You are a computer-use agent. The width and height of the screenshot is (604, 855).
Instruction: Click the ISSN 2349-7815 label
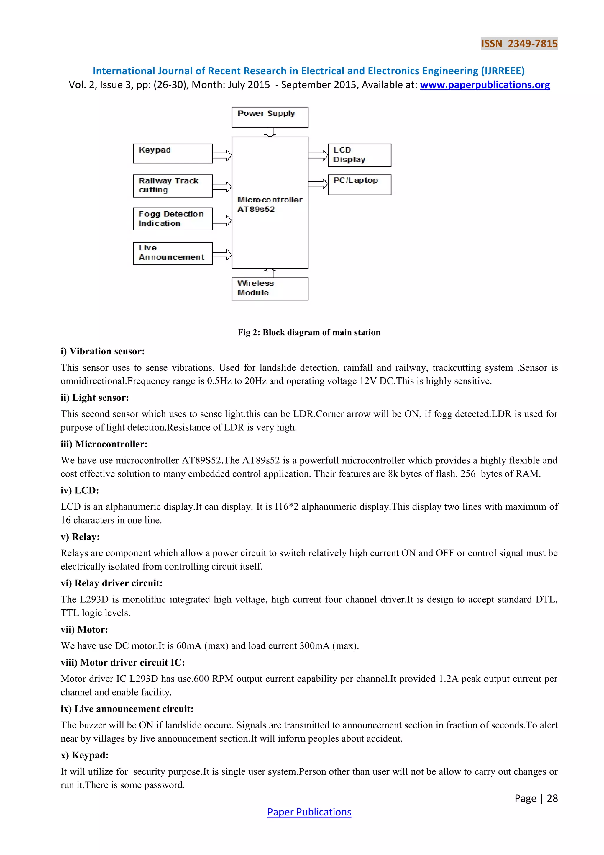519,44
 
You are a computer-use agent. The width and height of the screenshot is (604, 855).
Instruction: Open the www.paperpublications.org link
485,85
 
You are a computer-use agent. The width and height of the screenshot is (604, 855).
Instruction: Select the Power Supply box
270,117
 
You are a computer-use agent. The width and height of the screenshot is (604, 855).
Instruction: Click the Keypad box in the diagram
173,153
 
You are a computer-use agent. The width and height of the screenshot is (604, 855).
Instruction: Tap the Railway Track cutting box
173,186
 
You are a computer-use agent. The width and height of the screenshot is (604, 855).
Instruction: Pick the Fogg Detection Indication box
173,219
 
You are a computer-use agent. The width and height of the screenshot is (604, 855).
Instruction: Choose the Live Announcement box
173,253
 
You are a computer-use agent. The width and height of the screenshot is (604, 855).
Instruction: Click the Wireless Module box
270,289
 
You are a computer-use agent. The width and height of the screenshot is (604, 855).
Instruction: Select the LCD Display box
359,155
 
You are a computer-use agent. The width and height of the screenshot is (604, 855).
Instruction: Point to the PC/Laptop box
359,185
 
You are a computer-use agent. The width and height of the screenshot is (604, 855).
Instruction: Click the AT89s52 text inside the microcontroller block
256,209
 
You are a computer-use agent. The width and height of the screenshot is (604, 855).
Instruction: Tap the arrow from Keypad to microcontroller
222,155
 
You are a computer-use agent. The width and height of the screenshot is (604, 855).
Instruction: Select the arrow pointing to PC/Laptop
318,183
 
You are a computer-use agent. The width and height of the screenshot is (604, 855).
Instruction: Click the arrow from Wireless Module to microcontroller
270,273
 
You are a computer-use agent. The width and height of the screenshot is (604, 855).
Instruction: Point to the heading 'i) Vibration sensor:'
103,351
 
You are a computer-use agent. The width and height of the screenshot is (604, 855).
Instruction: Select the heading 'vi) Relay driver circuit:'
112,583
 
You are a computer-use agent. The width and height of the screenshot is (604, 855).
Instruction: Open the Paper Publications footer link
309,812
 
